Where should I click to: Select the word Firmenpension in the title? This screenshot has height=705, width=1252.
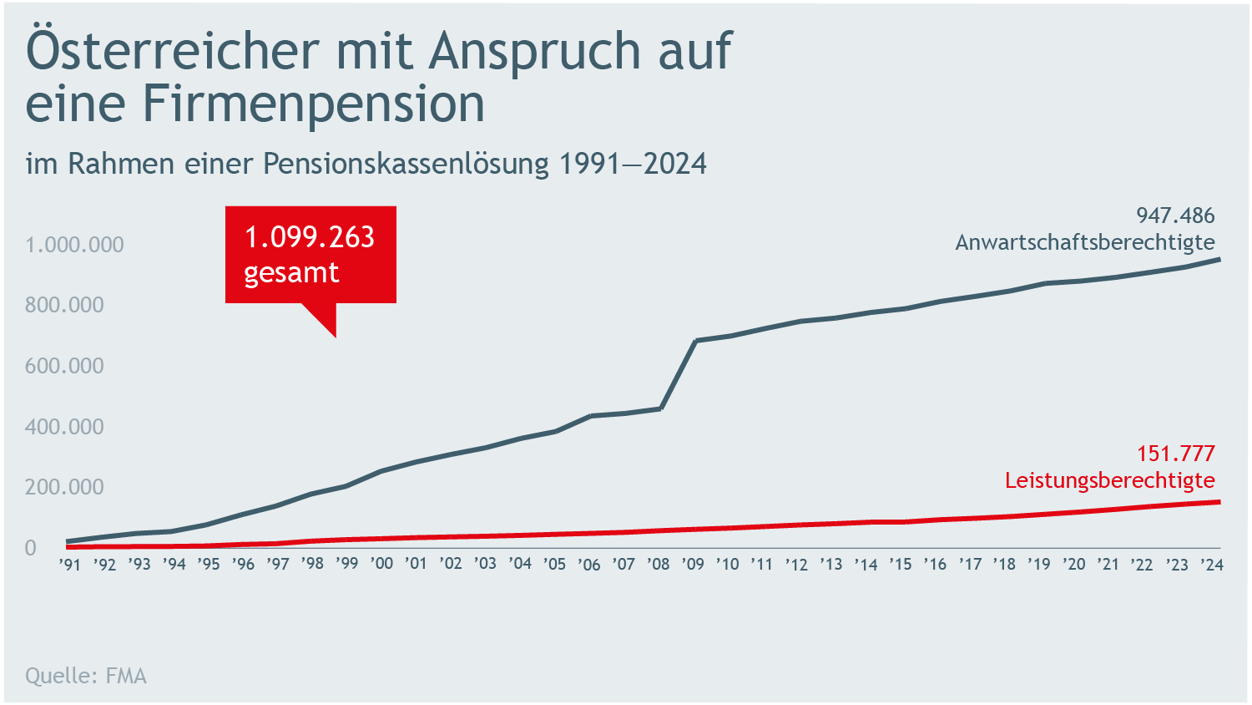[x=313, y=104]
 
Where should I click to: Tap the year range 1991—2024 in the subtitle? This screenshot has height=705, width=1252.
[x=633, y=164]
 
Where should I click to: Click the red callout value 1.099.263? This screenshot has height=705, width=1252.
[x=310, y=238]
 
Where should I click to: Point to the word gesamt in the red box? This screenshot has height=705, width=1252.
[x=291, y=273]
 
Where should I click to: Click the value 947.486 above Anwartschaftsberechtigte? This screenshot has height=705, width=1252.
[x=1175, y=216]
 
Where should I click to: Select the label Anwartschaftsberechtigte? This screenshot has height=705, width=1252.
[x=1084, y=242]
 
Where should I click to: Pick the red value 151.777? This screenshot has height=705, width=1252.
[x=1175, y=454]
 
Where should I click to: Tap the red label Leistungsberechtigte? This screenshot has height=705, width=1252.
[x=1109, y=480]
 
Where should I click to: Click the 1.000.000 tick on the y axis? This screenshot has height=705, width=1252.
[x=74, y=245]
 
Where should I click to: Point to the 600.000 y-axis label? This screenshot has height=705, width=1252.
[x=64, y=366]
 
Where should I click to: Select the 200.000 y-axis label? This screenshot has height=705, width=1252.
[x=64, y=487]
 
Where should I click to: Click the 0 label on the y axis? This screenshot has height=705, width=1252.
[x=31, y=548]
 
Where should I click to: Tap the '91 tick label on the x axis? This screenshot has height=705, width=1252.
[x=70, y=565]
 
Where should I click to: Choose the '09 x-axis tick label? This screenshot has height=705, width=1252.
[x=693, y=565]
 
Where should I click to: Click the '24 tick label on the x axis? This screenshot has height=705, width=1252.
[x=1211, y=565]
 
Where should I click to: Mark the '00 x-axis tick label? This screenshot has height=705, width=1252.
[x=381, y=565]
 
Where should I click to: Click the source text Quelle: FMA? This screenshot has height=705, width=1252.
[x=86, y=676]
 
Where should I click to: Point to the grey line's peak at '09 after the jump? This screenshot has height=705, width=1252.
[x=696, y=341]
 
